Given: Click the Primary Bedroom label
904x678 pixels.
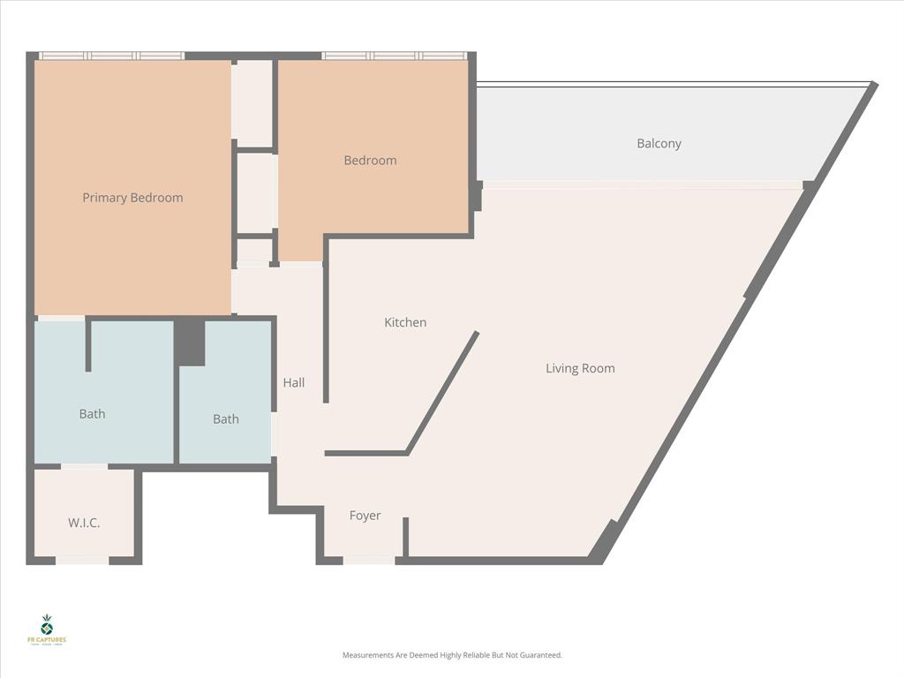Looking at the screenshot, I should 132,198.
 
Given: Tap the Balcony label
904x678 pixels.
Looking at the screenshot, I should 659,144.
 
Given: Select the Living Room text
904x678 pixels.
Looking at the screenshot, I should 580,368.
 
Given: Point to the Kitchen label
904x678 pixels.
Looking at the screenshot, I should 405,323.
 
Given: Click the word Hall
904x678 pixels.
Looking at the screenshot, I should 294,382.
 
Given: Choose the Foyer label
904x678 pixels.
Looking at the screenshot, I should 365,516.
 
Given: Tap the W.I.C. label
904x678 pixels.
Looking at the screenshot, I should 84,523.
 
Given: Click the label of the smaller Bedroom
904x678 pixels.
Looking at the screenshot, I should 370,161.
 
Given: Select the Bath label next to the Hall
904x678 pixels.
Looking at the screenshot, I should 226,419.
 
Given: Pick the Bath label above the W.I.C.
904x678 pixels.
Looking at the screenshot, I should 92,413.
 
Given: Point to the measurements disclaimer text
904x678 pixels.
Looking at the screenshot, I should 452,655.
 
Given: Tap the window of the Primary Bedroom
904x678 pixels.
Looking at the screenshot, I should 111,56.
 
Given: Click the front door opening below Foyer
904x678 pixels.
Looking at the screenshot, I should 369,560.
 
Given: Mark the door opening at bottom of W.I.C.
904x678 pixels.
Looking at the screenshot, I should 82,560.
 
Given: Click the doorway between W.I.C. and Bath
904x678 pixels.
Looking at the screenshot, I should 84,466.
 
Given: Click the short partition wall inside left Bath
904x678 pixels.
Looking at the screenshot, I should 88,345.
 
